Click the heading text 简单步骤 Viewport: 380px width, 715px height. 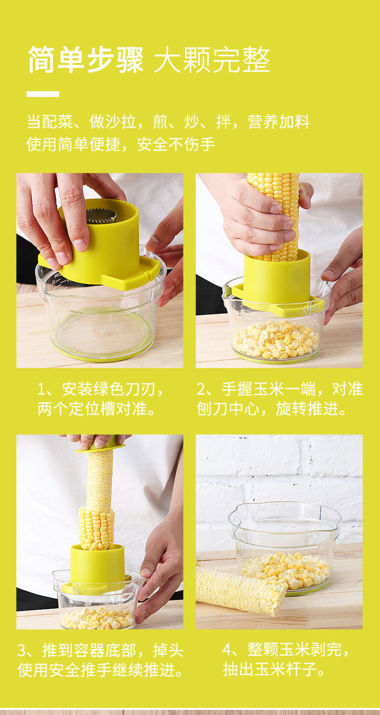tap(86, 60)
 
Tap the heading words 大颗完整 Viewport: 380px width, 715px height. tap(212, 60)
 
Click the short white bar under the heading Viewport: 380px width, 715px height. tap(43, 94)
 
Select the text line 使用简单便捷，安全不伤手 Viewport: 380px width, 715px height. tap(120, 144)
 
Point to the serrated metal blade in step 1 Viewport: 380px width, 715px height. tap(101, 216)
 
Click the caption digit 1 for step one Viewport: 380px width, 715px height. tap(41, 389)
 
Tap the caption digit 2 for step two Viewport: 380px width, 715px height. tap(201, 389)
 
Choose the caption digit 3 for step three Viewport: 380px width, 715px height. tap(22, 651)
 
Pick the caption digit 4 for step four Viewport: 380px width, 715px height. tap(227, 650)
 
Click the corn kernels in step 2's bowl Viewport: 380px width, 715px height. tap(276, 340)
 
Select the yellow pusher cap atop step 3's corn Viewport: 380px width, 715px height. tap(100, 447)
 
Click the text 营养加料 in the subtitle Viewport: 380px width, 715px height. tap(279, 122)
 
